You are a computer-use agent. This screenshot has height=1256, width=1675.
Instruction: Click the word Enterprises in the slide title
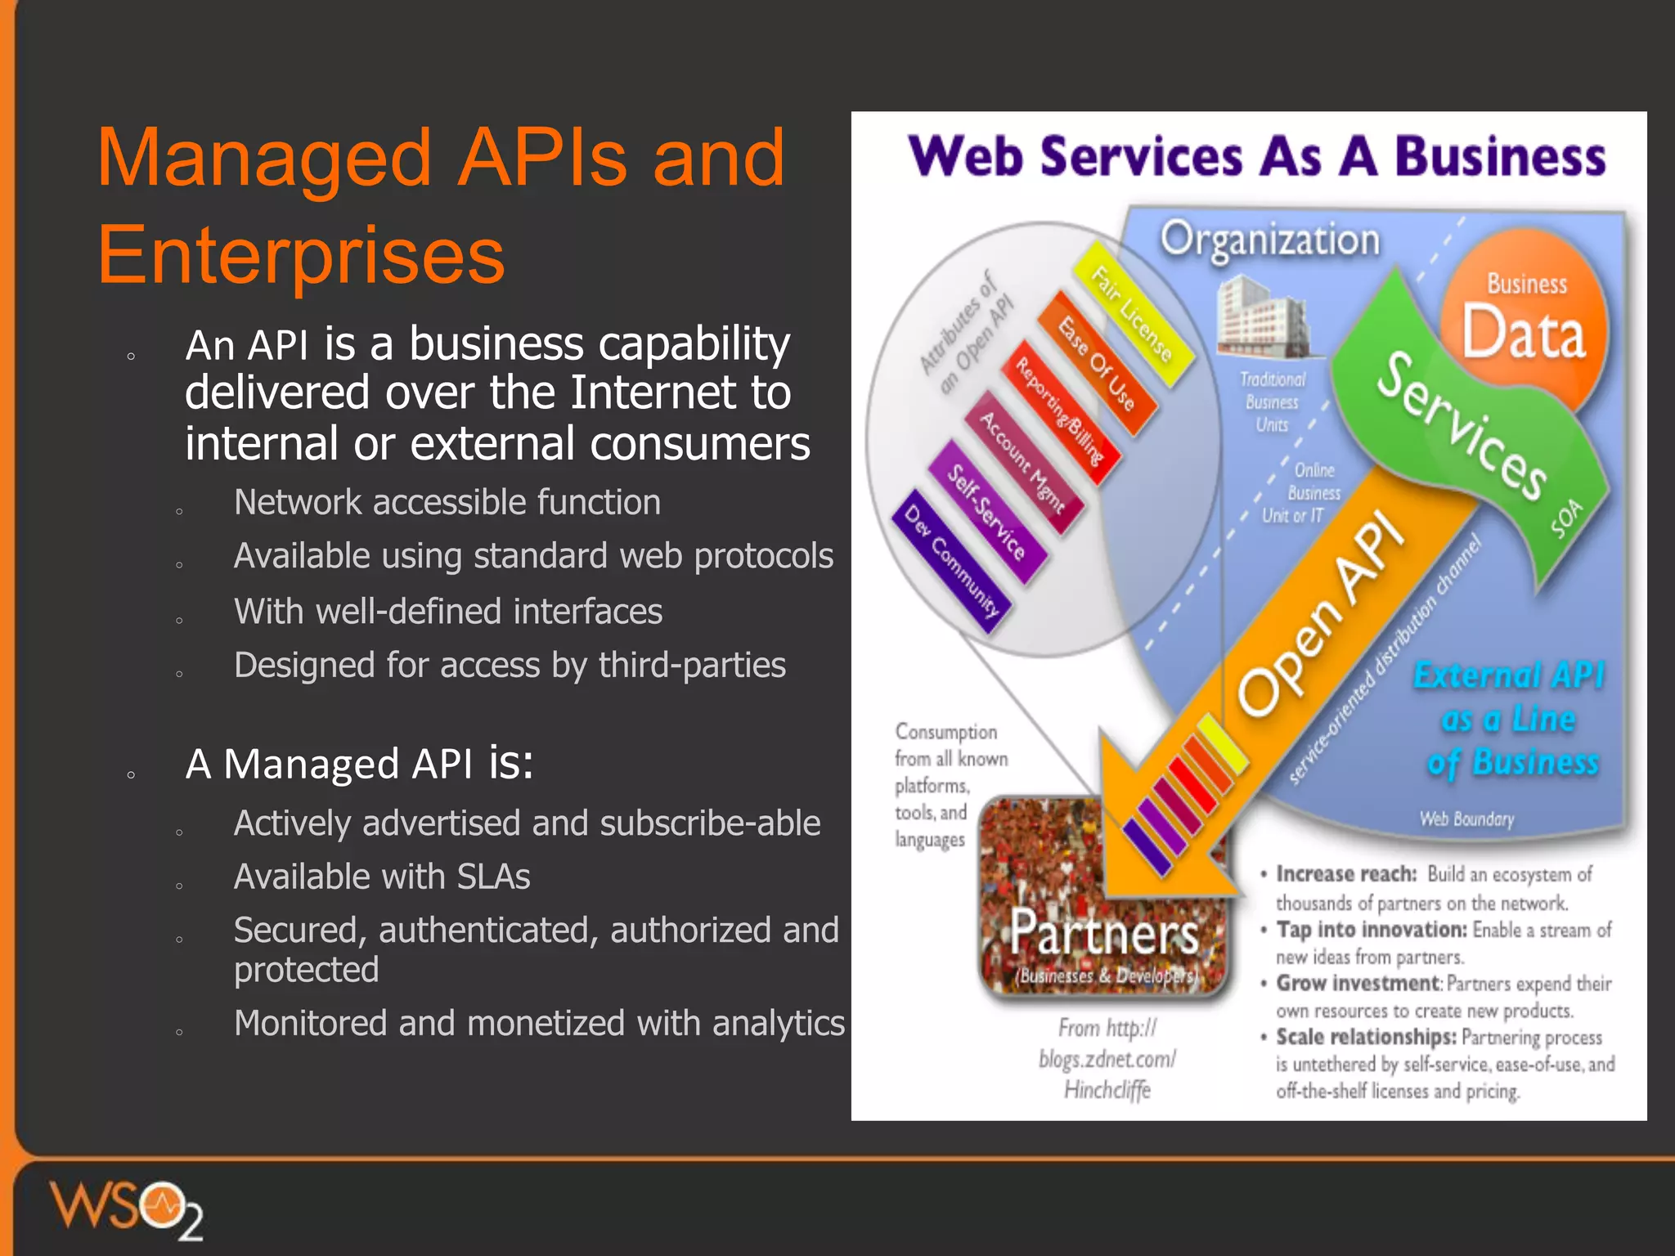click(301, 255)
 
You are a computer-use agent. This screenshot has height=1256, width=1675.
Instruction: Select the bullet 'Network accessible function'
click(447, 502)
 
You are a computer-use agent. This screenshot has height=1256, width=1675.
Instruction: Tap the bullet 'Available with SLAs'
click(382, 877)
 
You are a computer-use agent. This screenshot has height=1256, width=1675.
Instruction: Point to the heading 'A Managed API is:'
click(359, 764)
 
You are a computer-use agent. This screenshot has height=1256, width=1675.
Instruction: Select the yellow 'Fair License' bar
click(1133, 314)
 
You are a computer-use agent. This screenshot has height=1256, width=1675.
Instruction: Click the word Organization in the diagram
click(1269, 240)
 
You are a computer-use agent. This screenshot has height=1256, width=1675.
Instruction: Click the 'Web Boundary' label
click(1466, 819)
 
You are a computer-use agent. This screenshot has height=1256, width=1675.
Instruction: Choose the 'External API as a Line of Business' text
click(1510, 719)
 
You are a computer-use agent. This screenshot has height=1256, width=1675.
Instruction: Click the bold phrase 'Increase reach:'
click(1345, 874)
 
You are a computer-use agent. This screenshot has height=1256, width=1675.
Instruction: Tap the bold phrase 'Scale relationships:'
click(1365, 1037)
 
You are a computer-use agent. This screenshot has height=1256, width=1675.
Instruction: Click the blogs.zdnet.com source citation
click(1107, 1059)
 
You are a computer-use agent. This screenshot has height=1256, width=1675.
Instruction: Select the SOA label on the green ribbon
click(1566, 518)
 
